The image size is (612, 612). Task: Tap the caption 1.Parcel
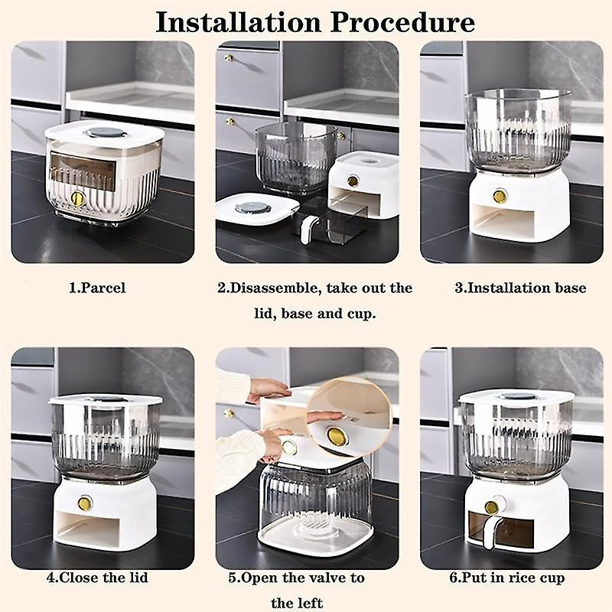tap(97, 288)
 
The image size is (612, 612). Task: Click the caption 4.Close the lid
tap(98, 578)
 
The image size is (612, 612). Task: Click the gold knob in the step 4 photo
tap(85, 503)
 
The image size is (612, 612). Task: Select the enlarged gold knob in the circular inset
tap(336, 436)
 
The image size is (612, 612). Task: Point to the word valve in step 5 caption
tap(330, 578)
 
